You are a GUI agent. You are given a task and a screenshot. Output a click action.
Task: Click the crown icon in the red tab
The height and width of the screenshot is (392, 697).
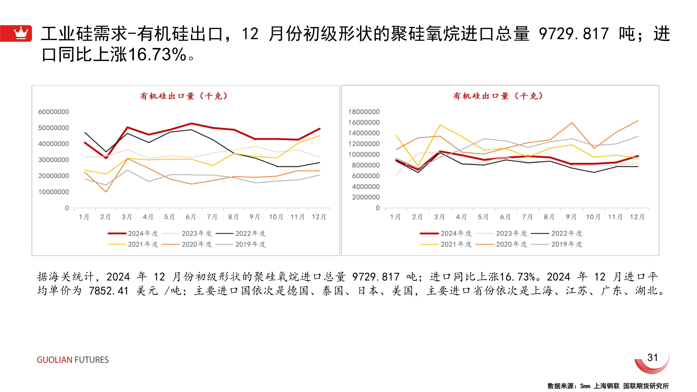21,33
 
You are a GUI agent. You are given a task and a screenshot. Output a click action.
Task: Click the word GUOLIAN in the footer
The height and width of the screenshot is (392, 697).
54,360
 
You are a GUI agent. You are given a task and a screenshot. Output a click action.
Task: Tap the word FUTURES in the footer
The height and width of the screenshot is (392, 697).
91,360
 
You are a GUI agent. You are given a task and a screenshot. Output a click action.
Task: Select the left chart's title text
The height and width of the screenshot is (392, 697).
184,96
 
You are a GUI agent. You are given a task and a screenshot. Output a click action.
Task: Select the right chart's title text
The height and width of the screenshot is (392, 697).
498,96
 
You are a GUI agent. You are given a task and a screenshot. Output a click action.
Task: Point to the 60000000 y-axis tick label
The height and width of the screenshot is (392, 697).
53,112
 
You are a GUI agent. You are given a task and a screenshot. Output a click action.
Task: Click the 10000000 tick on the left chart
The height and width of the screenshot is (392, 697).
53,192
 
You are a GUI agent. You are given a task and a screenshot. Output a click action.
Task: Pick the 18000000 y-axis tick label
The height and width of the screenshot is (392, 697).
364,112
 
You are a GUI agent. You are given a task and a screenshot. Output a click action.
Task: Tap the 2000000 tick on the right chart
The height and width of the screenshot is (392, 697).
366,197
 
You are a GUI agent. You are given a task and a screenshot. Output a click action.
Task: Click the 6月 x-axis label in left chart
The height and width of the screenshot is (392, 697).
191,217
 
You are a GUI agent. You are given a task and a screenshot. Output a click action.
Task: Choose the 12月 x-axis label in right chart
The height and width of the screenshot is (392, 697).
637,217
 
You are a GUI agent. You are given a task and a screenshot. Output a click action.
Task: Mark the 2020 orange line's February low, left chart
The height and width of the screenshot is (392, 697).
106,192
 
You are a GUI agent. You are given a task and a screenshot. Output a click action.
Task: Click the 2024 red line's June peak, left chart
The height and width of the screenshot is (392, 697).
191,123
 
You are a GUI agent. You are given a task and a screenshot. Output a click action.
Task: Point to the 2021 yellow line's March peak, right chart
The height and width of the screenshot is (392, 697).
440,125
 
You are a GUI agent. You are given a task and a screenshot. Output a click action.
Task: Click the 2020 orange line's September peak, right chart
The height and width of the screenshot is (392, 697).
572,123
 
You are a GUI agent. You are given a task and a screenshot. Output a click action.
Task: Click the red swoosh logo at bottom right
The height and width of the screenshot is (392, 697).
652,365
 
